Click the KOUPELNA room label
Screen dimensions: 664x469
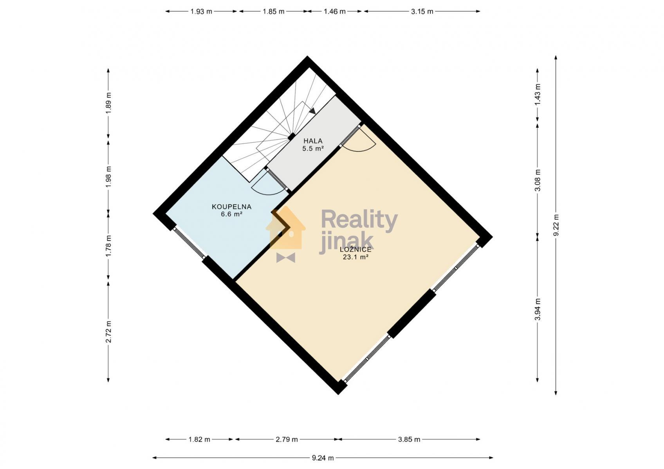[x=231, y=207]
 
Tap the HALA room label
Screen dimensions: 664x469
[x=313, y=141]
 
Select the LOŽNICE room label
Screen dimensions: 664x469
[x=355, y=249]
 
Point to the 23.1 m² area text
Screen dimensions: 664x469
[x=355, y=257]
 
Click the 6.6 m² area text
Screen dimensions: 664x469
[x=231, y=214]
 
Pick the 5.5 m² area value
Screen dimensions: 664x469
[x=313, y=149]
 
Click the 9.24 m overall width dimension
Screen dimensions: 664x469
[x=323, y=458]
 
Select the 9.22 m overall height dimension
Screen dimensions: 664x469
[x=556, y=225]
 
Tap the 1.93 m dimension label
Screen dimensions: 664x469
[x=201, y=12]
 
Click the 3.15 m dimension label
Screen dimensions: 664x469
[x=422, y=12]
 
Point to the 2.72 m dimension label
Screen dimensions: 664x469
[x=108, y=332]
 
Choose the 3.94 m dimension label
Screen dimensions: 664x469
[x=538, y=309]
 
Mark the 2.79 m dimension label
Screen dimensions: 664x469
[x=286, y=439]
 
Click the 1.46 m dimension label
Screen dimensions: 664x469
[x=334, y=12]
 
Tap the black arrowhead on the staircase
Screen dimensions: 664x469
[x=312, y=111]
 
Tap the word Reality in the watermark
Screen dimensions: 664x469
[x=359, y=220]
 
